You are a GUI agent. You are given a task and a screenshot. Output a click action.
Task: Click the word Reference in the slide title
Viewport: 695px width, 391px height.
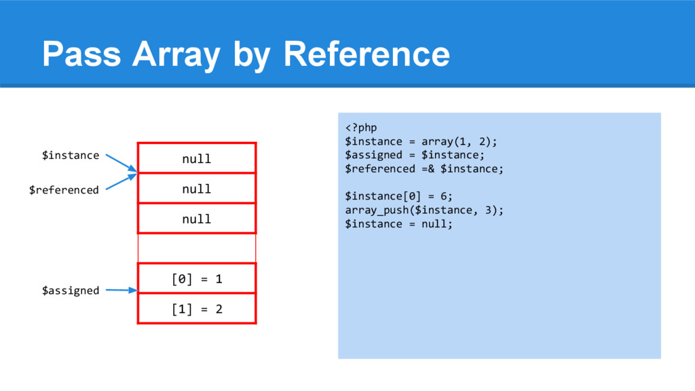tap(367, 54)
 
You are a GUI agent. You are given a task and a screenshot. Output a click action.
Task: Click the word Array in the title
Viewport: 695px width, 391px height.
tap(176, 54)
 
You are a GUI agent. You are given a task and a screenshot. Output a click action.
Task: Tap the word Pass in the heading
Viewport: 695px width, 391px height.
tap(81, 54)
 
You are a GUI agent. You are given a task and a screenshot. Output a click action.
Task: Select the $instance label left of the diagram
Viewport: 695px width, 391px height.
tap(71, 155)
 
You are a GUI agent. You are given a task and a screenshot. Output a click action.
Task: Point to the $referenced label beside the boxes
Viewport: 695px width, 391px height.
tap(64, 190)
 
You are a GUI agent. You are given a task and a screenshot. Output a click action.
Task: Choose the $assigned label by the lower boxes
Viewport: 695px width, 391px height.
tap(71, 291)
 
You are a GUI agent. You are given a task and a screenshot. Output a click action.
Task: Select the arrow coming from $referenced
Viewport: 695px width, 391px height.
tap(122, 181)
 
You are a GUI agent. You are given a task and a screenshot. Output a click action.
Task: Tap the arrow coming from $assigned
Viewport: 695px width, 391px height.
tap(122, 291)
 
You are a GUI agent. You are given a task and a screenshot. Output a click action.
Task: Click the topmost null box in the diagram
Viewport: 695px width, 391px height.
tap(197, 159)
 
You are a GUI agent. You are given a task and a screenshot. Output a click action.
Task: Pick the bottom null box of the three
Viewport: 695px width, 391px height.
tap(197, 219)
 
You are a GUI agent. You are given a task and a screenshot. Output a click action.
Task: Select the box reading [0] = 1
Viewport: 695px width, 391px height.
tap(197, 279)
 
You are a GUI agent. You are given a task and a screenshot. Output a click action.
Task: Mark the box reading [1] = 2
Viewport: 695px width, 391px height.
tap(197, 309)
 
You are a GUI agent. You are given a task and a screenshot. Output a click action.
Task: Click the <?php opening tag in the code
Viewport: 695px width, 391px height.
tap(361, 128)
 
